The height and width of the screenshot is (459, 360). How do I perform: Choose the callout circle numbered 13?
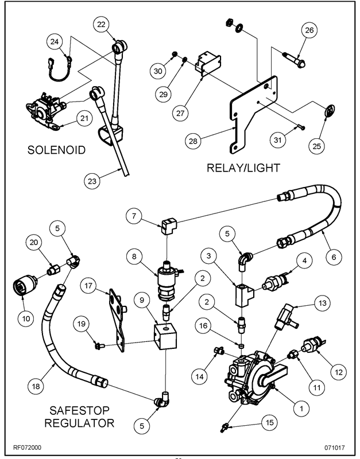click(x=322, y=302)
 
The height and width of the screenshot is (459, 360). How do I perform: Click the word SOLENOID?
click(x=56, y=151)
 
